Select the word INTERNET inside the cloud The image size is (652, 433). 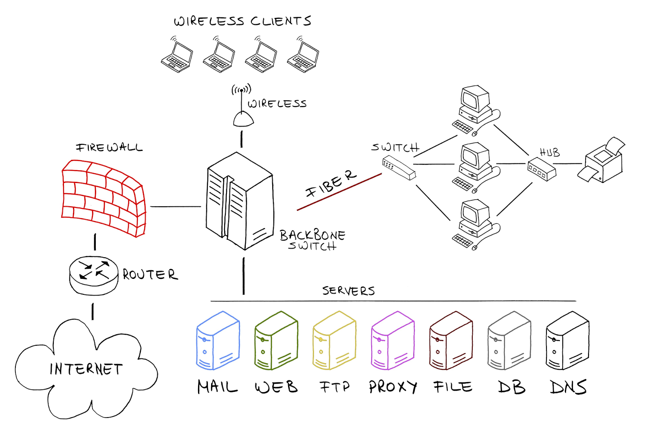click(x=86, y=369)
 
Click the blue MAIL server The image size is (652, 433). click(x=218, y=342)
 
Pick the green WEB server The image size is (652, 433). click(x=276, y=342)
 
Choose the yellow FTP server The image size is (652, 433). click(x=334, y=342)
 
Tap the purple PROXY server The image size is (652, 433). click(x=392, y=342)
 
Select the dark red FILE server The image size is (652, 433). click(x=451, y=342)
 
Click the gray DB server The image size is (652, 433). click(x=509, y=342)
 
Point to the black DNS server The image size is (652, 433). click(x=567, y=342)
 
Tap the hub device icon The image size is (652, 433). click(x=542, y=168)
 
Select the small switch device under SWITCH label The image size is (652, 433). click(x=399, y=168)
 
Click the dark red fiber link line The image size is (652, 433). click(x=339, y=192)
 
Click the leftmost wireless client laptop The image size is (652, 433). click(x=177, y=56)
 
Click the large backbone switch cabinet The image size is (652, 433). click(x=240, y=201)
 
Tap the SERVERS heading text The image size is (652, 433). click(x=348, y=291)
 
